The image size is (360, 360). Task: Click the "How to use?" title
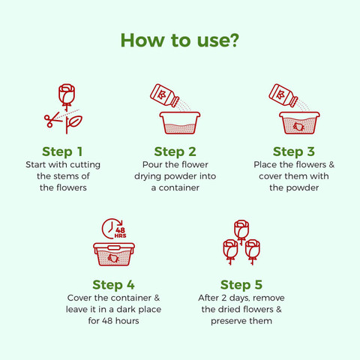180,40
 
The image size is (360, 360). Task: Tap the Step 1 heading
62,151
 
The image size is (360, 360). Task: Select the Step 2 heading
175,151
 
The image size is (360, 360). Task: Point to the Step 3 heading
294,151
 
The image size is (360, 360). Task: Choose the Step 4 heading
113,285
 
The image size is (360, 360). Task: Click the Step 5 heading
241,285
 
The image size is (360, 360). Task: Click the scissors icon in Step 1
53,119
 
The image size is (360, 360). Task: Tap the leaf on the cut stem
75,121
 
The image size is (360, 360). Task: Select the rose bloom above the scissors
67,94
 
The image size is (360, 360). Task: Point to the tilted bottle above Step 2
164,96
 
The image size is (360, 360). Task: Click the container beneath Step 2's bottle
180,123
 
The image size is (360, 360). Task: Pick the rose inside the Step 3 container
298,127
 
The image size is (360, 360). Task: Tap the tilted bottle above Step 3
283,96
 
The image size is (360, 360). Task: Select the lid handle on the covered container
114,248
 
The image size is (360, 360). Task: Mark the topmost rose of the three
241,230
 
